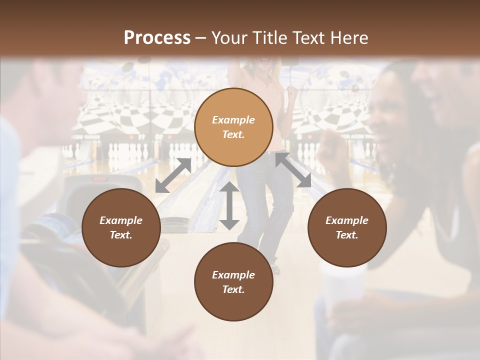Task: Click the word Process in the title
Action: click(x=157, y=38)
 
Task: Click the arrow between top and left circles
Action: click(x=173, y=175)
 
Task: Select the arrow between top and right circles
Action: click(x=293, y=170)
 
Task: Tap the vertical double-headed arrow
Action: click(x=229, y=205)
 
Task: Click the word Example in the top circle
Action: click(x=233, y=120)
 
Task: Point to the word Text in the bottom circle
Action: click(x=233, y=289)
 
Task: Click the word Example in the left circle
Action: click(x=121, y=220)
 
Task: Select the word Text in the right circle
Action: click(x=347, y=235)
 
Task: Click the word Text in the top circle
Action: click(x=233, y=134)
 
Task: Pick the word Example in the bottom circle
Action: click(x=233, y=275)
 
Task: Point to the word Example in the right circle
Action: click(x=347, y=220)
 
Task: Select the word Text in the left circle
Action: click(x=121, y=235)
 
